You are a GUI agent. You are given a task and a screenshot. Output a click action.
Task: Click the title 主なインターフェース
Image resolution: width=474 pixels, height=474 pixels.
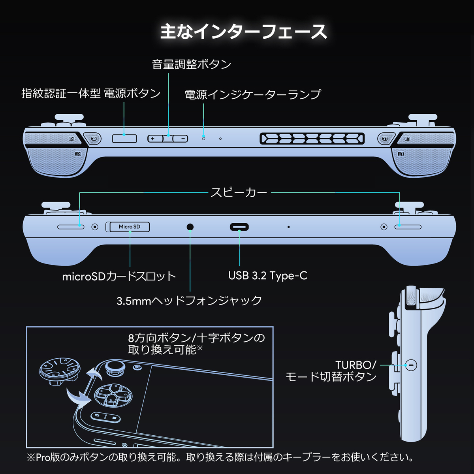tap(243, 32)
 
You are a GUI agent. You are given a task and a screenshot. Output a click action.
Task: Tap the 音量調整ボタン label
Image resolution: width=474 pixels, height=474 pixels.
tap(192, 64)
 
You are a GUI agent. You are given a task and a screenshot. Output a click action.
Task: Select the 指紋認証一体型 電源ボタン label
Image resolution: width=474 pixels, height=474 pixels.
tap(91, 94)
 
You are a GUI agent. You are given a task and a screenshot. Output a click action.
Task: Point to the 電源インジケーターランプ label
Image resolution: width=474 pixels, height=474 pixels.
tap(253, 94)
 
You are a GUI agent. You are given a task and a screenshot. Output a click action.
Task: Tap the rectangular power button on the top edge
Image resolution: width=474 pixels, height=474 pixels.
tap(124, 138)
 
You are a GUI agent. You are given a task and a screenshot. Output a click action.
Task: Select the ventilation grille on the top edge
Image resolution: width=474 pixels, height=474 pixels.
tap(312, 139)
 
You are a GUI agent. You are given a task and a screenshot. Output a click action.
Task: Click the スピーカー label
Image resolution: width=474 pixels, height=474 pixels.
tap(239, 193)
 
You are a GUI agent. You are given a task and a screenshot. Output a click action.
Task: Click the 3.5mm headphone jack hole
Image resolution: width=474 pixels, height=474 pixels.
tap(190, 227)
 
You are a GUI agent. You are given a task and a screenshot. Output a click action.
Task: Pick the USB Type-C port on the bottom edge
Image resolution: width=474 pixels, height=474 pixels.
tap(239, 227)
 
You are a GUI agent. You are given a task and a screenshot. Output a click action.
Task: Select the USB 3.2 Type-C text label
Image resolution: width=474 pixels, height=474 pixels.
tap(268, 276)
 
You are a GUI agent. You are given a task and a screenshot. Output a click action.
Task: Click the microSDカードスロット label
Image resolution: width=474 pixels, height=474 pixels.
tap(119, 276)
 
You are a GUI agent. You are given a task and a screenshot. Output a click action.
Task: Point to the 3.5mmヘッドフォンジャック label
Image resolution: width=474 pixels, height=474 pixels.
tap(189, 301)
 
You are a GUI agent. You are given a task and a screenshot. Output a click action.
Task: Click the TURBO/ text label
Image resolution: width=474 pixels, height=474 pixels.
tap(356, 365)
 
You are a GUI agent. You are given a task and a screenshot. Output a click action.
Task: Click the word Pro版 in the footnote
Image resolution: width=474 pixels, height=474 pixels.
tap(48, 457)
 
